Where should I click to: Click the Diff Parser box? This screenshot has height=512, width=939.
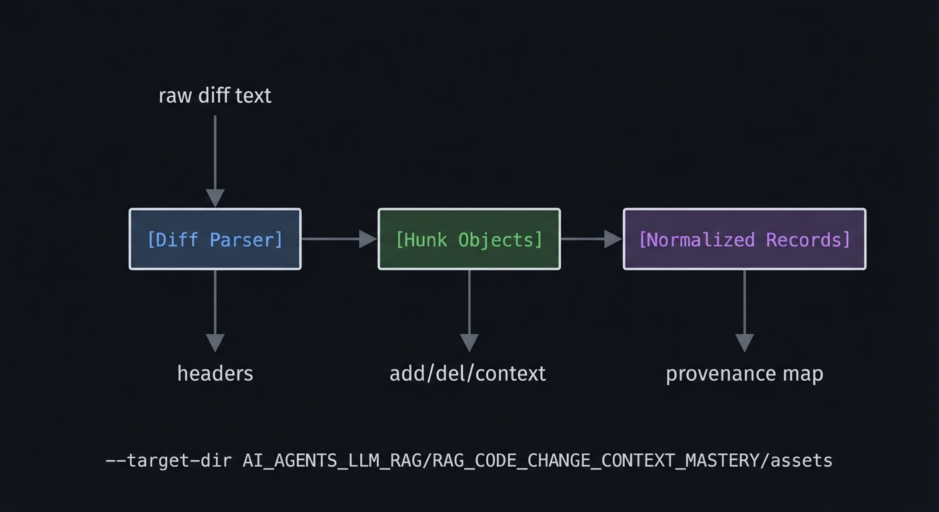[x=215, y=239]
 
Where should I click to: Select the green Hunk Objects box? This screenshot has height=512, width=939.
[x=469, y=239]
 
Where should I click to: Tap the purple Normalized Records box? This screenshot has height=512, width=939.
[x=744, y=239]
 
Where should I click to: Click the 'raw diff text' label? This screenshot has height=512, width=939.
[x=215, y=96]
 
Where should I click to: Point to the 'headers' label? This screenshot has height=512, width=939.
[x=215, y=373]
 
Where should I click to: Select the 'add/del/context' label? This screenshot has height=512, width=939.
[x=467, y=373]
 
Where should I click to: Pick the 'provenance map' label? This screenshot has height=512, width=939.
[x=744, y=373]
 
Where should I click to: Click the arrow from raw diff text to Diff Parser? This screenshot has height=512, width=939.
[x=215, y=160]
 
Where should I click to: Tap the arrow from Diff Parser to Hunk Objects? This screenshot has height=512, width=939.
[x=339, y=239]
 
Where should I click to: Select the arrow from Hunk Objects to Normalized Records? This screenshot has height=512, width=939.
[x=591, y=239]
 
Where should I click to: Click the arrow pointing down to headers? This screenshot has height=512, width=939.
[x=215, y=310]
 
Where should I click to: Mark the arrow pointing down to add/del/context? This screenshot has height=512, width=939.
[x=469, y=310]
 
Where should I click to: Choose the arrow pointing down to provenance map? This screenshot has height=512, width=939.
[x=744, y=310]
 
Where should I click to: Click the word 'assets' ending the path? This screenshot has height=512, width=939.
[x=801, y=461]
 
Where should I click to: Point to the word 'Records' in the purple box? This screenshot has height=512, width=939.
[x=808, y=239]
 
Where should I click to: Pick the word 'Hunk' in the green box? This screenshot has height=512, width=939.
[x=423, y=239]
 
